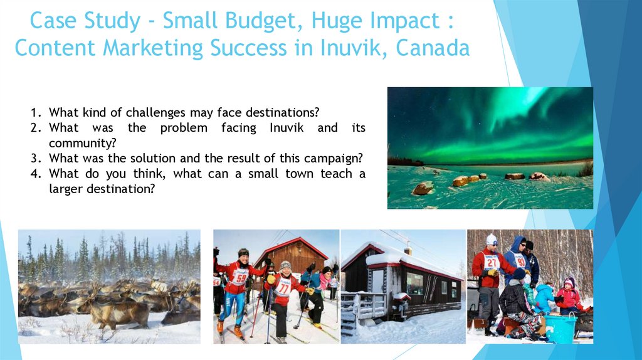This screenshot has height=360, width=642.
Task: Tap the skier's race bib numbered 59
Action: [x=239, y=276]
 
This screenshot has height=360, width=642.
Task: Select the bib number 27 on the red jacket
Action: [x=491, y=262]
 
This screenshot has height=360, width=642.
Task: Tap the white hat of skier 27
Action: [x=492, y=239]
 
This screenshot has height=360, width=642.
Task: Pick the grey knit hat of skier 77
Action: [x=285, y=265]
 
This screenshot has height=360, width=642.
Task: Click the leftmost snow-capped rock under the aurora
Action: [x=423, y=188]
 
